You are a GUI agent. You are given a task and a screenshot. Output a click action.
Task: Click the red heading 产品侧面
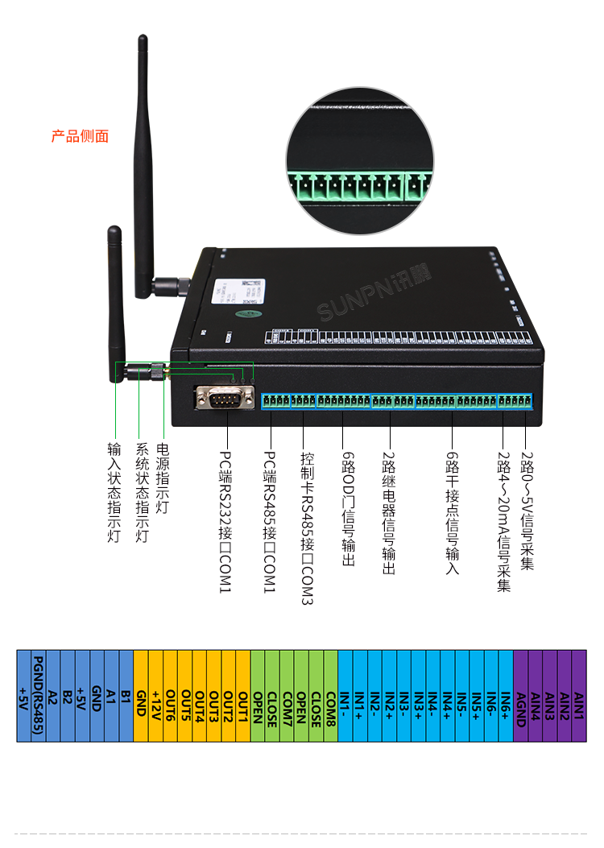click(80, 136)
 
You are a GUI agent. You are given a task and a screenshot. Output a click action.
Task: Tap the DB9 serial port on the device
click(225, 398)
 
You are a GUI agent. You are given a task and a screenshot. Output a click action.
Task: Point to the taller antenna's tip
click(143, 39)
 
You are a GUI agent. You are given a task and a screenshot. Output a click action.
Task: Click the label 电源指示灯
click(163, 478)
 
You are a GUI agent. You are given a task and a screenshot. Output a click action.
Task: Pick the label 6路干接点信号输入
click(453, 512)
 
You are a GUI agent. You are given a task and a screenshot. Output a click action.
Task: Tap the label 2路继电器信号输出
click(389, 507)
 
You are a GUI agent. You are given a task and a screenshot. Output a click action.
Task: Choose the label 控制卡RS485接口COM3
click(306, 527)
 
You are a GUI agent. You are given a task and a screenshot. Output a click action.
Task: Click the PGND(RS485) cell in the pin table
click(38, 695)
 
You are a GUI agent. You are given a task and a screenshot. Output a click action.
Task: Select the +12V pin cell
click(155, 695)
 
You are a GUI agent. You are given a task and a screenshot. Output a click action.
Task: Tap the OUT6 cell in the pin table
click(171, 695)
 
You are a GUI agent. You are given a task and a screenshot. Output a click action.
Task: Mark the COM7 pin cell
click(287, 695)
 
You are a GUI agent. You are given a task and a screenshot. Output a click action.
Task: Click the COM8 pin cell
click(330, 695)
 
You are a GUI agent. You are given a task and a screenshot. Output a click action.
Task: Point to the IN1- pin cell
click(345, 695)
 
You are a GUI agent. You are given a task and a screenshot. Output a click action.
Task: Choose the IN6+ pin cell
click(505, 695)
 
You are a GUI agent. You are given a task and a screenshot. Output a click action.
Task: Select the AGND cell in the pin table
click(520, 695)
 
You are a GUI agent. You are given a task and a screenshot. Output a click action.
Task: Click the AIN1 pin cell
click(578, 695)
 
